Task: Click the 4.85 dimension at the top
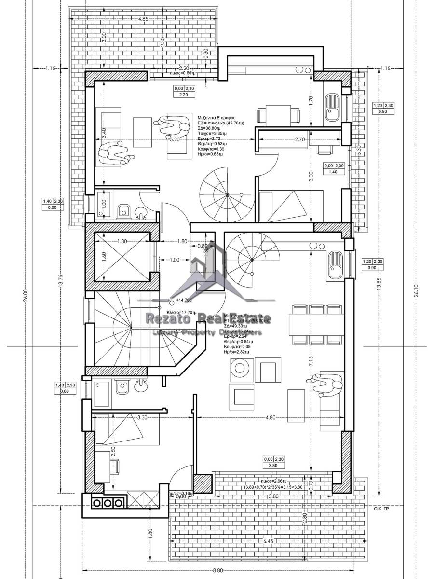point(142,19)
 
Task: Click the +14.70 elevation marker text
point(184,300)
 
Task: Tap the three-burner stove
point(107,503)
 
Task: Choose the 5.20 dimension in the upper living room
point(175,139)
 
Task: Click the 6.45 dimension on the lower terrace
point(269,541)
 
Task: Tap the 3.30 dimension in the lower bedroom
point(142,418)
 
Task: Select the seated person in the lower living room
point(329,384)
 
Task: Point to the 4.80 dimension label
point(270,418)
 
